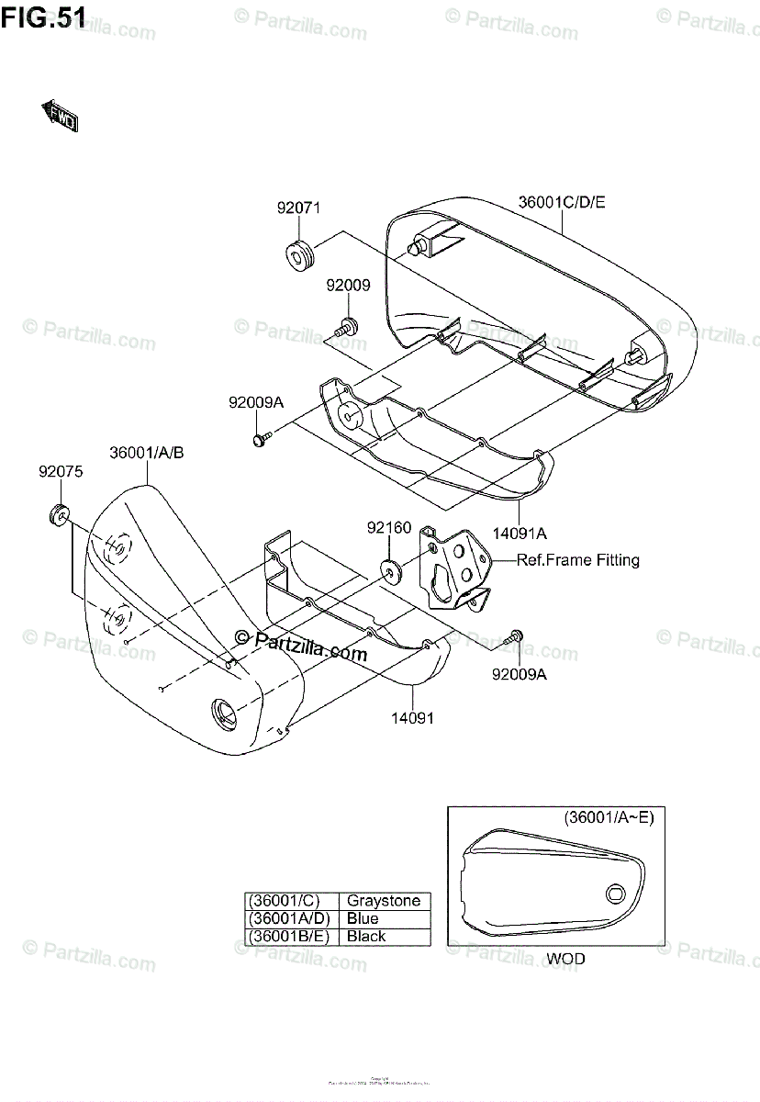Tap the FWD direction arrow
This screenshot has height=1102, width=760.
tap(59, 115)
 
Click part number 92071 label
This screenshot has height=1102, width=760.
tap(298, 208)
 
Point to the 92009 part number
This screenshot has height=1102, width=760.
tap(348, 286)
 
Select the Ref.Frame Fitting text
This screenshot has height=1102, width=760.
tap(578, 560)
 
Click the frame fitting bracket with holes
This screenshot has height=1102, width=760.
tap(453, 570)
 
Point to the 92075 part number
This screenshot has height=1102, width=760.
tap(61, 473)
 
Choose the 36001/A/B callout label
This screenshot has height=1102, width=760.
tap(147, 453)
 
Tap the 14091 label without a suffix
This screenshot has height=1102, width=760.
tap(414, 718)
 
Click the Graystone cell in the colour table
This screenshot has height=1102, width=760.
tap(383, 901)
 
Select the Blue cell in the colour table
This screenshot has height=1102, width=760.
tap(363, 918)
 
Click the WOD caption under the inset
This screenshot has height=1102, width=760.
tap(565, 960)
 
